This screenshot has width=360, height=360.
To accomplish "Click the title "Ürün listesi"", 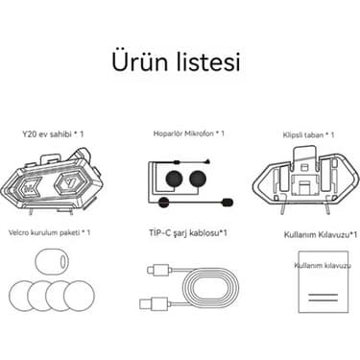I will [x=180, y=62].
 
